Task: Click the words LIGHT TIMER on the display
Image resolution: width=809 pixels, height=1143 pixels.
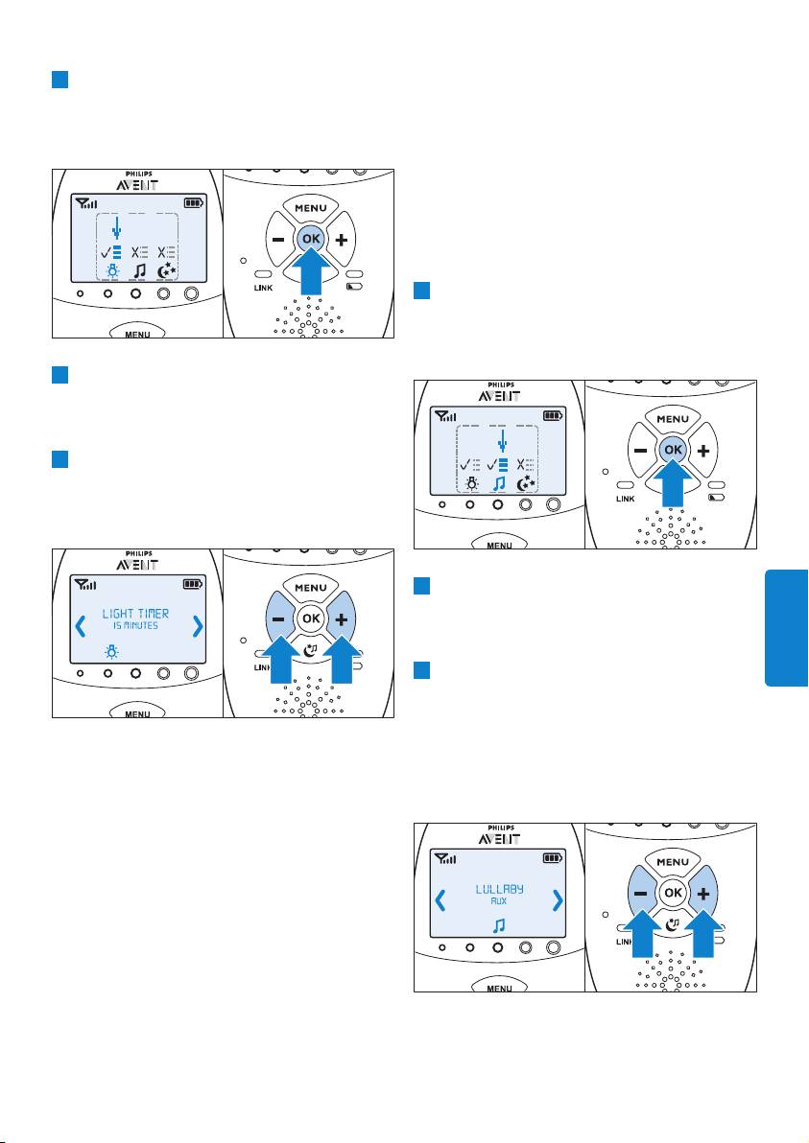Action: click(x=135, y=614)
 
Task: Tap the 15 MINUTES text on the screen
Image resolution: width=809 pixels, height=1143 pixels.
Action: click(x=135, y=626)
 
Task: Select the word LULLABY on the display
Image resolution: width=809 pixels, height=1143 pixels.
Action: click(x=500, y=889)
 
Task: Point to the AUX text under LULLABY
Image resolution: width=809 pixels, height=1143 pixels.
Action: click(x=499, y=901)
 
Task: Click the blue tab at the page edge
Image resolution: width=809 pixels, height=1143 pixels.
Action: click(x=787, y=628)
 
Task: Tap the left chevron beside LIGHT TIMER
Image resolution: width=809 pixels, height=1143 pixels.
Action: click(x=81, y=625)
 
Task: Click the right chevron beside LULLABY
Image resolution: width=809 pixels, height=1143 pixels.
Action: click(x=559, y=900)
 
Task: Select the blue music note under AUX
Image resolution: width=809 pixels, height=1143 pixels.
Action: click(x=499, y=925)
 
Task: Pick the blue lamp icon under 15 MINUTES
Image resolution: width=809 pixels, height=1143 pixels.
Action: click(x=110, y=649)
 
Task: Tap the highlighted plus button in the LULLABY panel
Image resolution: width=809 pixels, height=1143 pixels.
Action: click(x=703, y=894)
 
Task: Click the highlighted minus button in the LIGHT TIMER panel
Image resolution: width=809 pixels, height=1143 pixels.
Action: click(x=278, y=619)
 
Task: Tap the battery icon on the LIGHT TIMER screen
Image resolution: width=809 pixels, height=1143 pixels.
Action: click(x=193, y=584)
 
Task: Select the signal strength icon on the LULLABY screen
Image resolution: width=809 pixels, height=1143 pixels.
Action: click(x=445, y=859)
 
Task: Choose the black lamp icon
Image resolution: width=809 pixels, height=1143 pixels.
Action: click(x=472, y=482)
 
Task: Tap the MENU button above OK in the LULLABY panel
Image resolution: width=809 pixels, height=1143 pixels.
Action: click(x=673, y=862)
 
